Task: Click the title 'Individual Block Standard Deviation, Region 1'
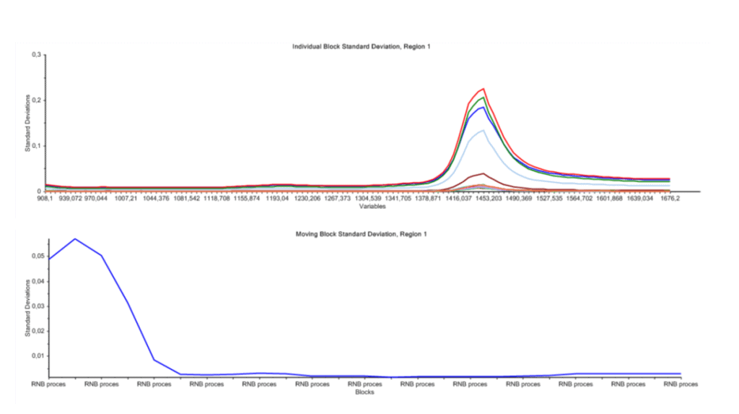click(x=361, y=46)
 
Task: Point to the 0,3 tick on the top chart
click(x=36, y=54)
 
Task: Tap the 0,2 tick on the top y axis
click(x=36, y=100)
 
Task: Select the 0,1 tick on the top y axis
click(x=36, y=145)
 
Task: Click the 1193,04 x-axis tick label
click(x=281, y=198)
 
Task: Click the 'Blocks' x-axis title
click(x=365, y=392)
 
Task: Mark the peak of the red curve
click(x=482, y=89)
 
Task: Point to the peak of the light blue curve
click(x=481, y=130)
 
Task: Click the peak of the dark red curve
click(x=481, y=173)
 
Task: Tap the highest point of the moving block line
click(x=75, y=238)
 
